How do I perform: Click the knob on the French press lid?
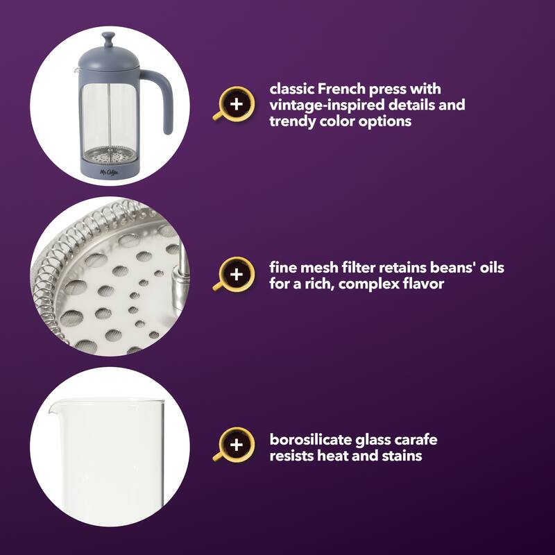click(x=108, y=39)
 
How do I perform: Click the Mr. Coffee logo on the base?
click(x=109, y=172)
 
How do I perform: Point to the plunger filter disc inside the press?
click(x=110, y=155)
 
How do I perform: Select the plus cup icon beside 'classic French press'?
click(x=235, y=104)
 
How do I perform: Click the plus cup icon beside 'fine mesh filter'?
click(x=235, y=274)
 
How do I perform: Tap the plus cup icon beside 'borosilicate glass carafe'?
click(x=235, y=445)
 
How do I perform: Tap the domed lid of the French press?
click(x=109, y=58)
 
